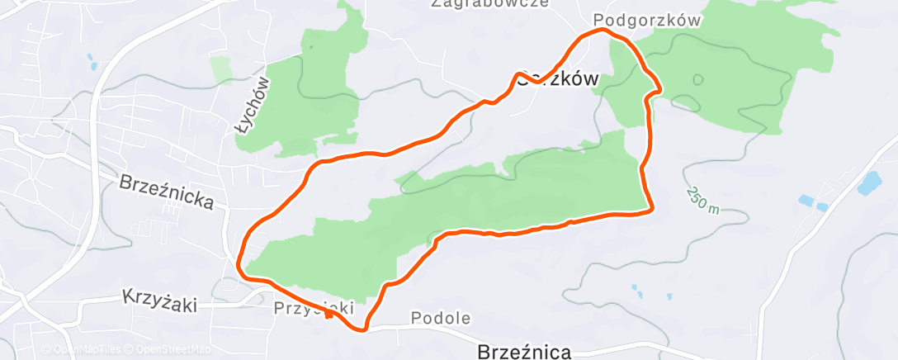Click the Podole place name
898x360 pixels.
coord(440,318)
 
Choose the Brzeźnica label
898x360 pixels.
coord(524,352)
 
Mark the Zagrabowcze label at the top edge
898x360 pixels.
coord(489,3)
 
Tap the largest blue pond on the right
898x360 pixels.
coord(869,182)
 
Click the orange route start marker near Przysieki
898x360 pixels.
coord(328,313)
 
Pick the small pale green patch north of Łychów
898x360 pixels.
coord(222,69)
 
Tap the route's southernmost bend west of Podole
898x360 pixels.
coord(362,330)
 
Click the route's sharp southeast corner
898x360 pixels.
coord(653,208)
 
